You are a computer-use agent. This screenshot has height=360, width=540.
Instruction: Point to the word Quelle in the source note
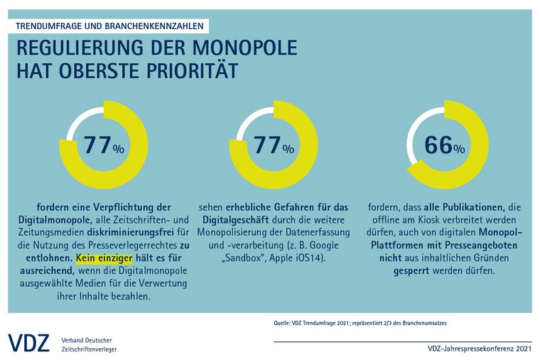tap(284, 324)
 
